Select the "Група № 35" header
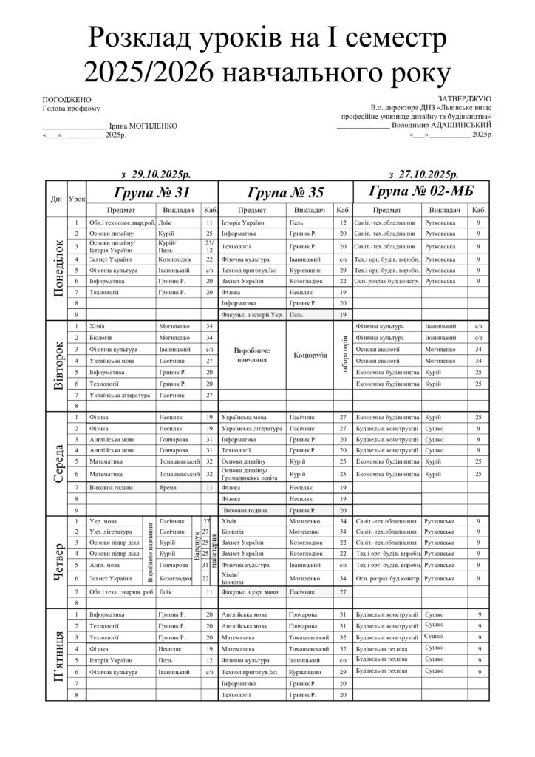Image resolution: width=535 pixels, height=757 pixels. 285,194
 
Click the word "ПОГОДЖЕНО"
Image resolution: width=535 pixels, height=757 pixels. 67,100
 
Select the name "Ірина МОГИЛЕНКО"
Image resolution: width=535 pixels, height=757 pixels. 143,126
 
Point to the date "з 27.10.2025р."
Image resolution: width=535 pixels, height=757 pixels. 423,174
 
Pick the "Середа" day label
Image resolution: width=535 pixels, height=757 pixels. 57,464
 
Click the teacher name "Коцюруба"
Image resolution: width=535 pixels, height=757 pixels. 310,355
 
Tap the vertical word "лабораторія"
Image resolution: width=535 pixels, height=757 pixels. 345,355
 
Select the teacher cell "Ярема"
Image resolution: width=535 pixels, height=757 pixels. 168,488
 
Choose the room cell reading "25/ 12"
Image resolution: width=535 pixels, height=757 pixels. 208,245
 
